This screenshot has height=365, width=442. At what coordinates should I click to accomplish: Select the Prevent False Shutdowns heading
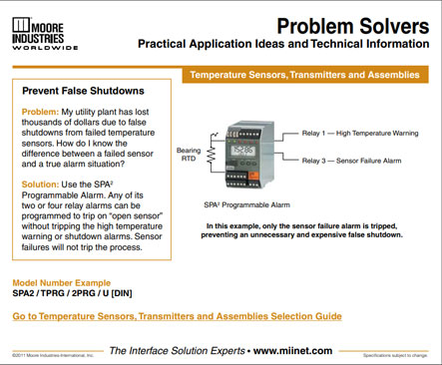(83, 90)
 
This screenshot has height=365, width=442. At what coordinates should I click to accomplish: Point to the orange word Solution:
(45, 184)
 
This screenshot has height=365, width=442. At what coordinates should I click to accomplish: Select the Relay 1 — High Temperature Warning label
(362, 132)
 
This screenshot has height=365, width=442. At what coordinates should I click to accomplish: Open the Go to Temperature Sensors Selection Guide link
(177, 315)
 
